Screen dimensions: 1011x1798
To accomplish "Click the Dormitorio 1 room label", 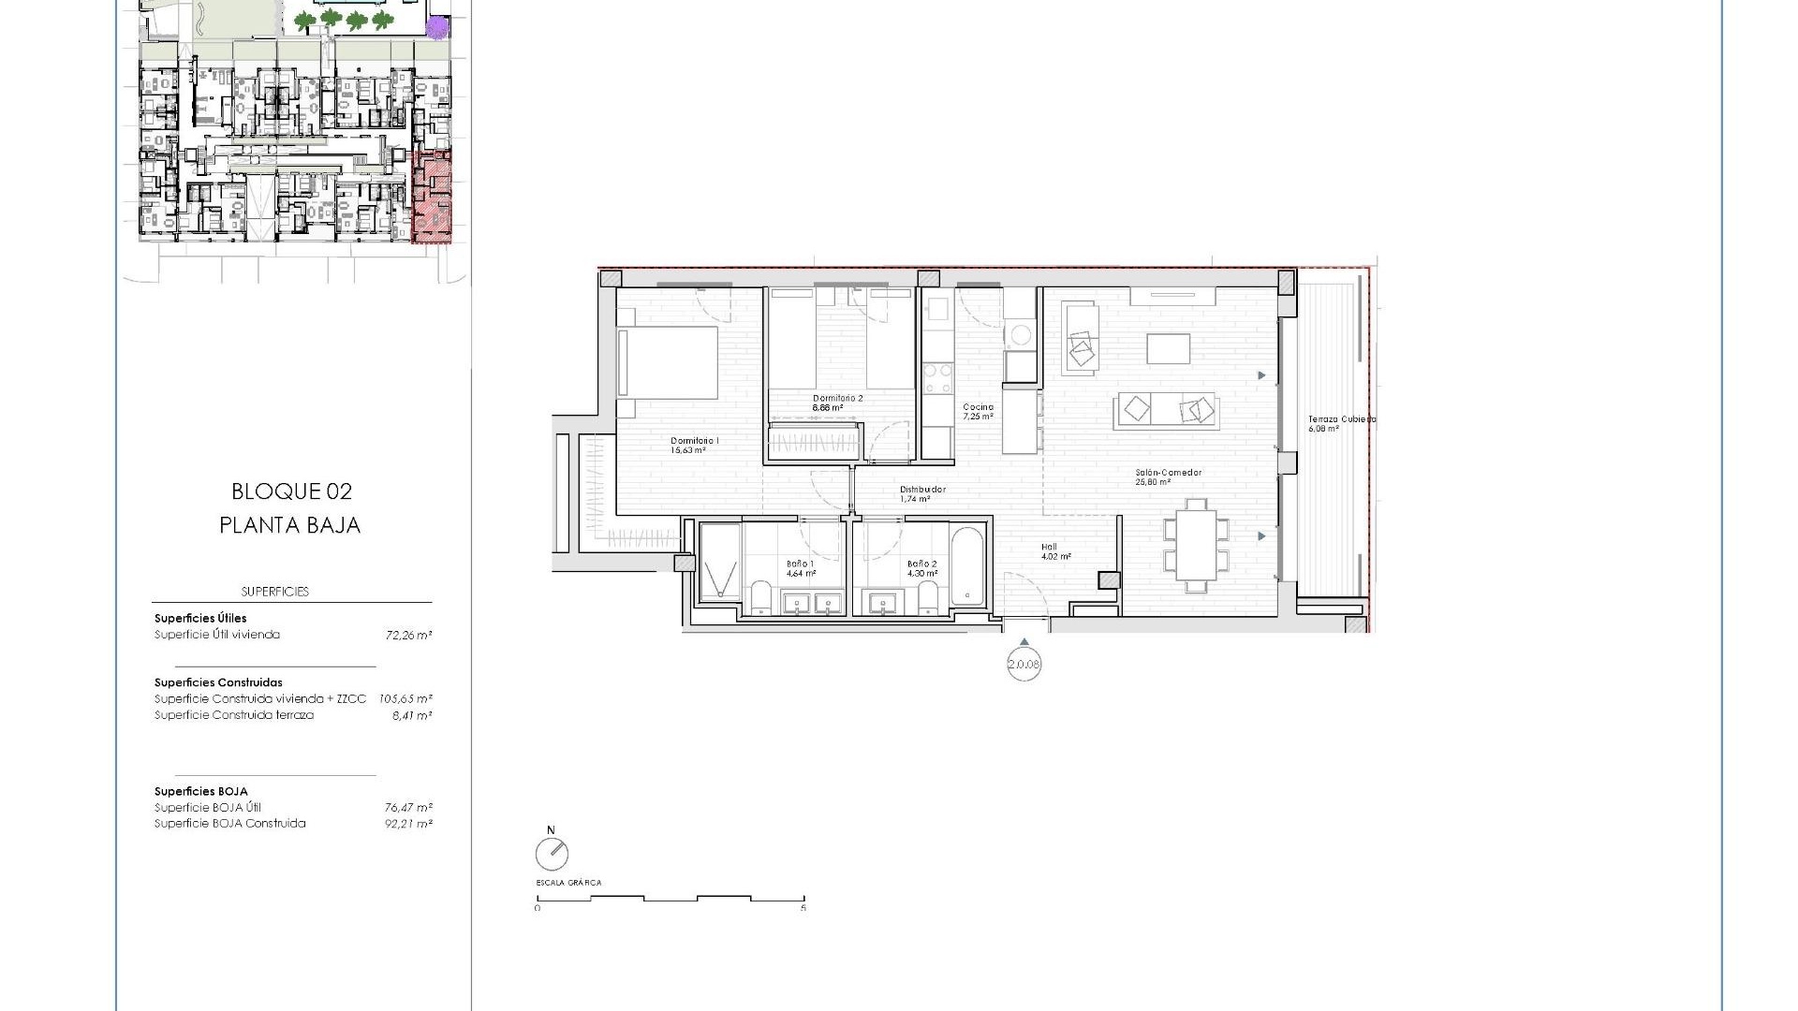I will click(694, 441).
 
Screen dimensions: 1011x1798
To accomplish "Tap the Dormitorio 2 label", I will click(837, 398).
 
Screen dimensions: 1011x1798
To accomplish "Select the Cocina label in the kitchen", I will click(978, 407).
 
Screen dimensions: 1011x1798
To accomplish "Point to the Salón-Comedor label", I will click(1168, 473).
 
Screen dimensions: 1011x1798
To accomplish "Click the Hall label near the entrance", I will click(1049, 547).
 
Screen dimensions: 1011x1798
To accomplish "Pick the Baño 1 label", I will click(800, 564).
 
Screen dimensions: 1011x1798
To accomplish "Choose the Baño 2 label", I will click(921, 564).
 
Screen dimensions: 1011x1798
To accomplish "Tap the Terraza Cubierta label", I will click(1341, 419).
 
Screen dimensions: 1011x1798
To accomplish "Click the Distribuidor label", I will click(922, 490).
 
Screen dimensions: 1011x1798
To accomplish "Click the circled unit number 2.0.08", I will click(1024, 665).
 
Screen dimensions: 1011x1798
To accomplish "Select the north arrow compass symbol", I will click(552, 853).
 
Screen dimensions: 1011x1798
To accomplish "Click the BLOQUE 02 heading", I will click(291, 491).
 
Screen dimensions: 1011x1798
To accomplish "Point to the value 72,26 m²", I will click(408, 635).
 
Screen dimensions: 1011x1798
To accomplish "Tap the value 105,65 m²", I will click(405, 698).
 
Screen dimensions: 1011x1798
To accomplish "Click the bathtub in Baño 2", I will click(967, 567).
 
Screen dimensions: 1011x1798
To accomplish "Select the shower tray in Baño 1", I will click(720, 562).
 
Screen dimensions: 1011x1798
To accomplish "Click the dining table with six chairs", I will click(1196, 545).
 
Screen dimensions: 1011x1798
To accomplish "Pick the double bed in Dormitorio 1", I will click(668, 362).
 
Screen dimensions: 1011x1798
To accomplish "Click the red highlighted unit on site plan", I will click(432, 198).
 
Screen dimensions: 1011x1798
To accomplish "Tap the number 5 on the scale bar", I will click(803, 908).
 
